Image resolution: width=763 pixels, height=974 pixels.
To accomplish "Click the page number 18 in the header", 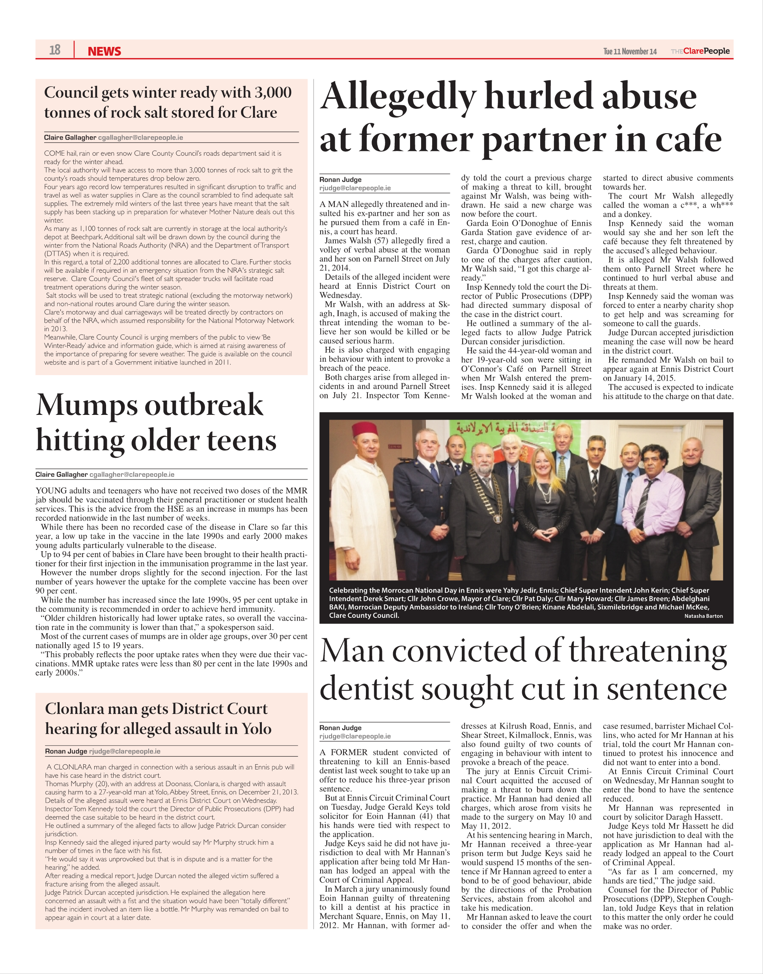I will (x=54, y=50).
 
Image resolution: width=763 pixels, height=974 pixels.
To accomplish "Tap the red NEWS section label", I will (x=104, y=51).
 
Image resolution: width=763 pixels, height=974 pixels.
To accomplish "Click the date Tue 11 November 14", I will (x=629, y=51).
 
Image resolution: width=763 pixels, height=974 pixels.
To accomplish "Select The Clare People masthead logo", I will (x=700, y=51).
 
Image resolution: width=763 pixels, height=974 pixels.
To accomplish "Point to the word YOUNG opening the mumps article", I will (x=50, y=491).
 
